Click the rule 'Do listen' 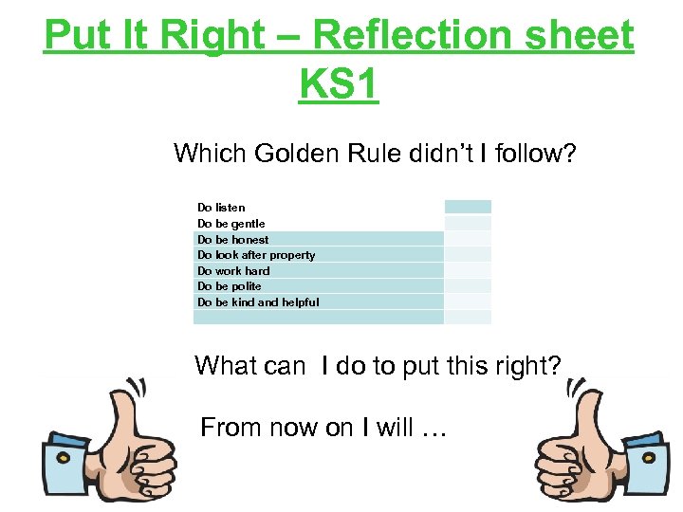pos(221,208)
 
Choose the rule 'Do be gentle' pos(231,224)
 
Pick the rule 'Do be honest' pos(232,240)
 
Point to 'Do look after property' pos(256,255)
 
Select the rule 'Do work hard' pos(233,271)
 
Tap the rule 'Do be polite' pos(230,286)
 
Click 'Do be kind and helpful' pos(258,302)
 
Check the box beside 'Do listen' pos(468,207)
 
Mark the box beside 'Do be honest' pos(468,239)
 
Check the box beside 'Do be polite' pos(468,286)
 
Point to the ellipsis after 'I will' pos(433,429)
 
